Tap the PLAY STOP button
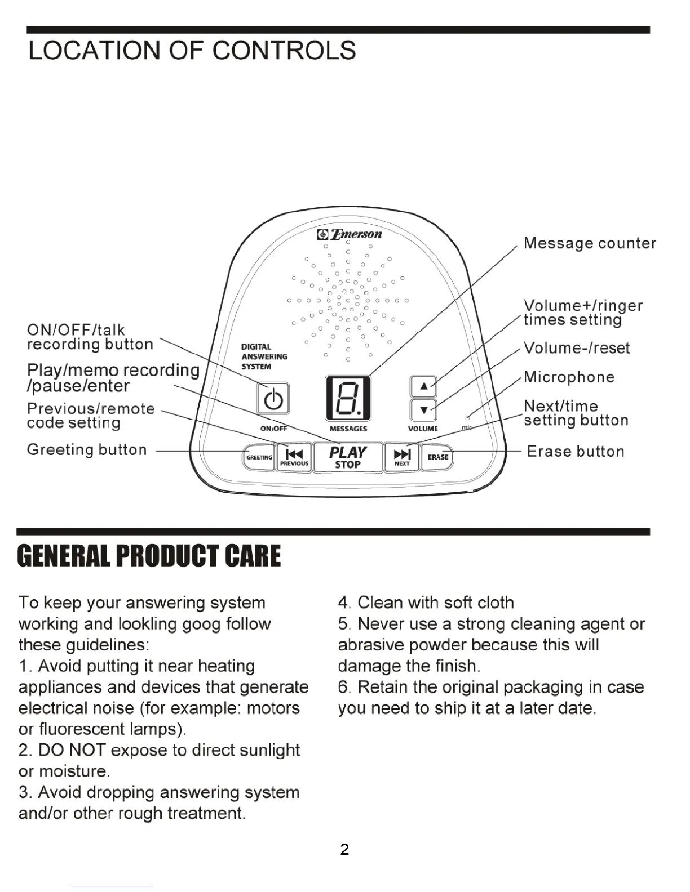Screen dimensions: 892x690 [x=347, y=457]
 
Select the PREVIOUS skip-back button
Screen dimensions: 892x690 [x=294, y=457]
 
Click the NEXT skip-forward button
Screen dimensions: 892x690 [x=402, y=457]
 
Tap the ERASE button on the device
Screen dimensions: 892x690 [x=437, y=457]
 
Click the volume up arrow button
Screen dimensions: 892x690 [x=424, y=386]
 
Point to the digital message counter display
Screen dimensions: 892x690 [x=348, y=398]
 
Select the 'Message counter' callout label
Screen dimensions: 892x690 [x=590, y=243]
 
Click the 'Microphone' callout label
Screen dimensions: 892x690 [x=569, y=377]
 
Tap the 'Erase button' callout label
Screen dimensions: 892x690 [x=575, y=451]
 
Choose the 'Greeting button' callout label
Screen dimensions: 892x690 [x=87, y=449]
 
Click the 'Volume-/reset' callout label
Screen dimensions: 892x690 [x=576, y=348]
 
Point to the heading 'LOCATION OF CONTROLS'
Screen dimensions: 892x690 [x=192, y=51]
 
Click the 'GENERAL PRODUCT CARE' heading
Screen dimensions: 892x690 [x=149, y=556]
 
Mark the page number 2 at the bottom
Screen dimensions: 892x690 [x=344, y=849]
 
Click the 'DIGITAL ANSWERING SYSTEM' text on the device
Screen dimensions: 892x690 [x=264, y=356]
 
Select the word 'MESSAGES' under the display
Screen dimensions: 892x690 [x=348, y=429]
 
